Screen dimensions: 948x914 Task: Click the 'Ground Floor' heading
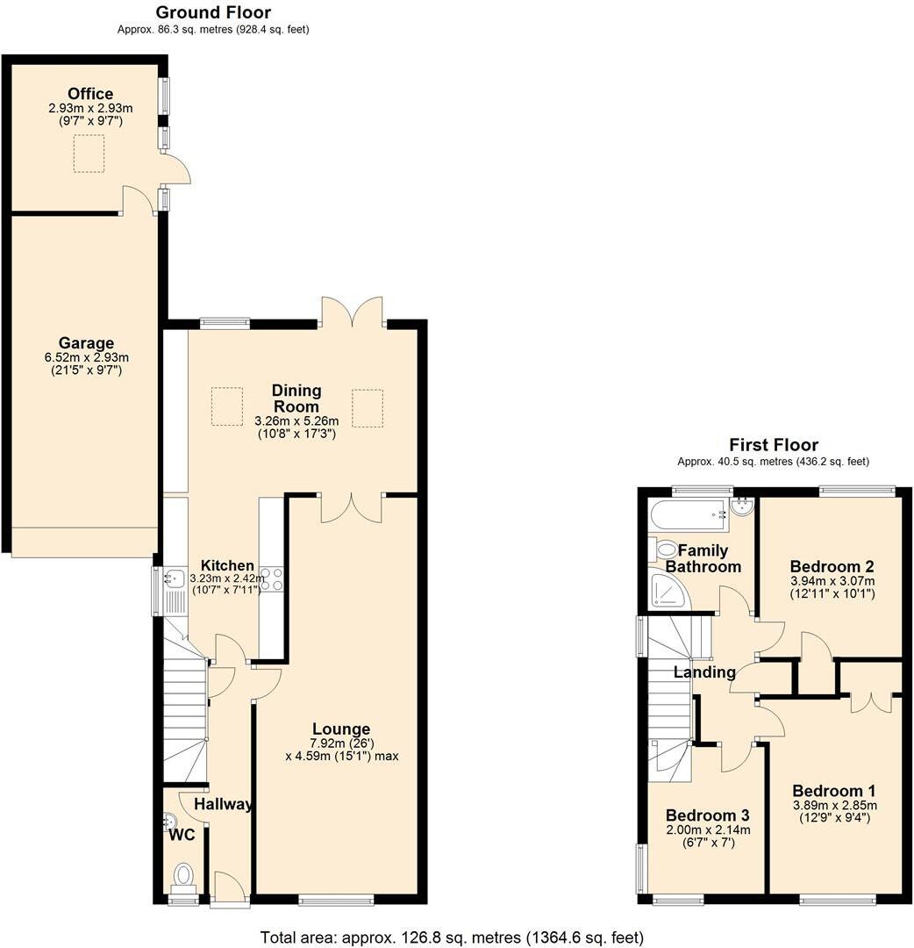[213, 12]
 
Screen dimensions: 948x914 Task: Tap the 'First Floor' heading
[773, 445]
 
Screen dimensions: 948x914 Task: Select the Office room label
[91, 94]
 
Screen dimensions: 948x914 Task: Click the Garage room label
[86, 343]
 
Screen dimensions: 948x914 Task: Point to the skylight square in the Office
[89, 152]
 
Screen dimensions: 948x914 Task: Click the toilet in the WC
[183, 875]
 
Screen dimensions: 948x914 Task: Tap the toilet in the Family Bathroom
[664, 549]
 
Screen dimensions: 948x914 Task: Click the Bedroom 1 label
[833, 790]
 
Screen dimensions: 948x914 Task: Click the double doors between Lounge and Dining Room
[352, 507]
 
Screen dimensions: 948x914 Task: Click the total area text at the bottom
[453, 937]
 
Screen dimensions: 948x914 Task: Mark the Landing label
[704, 672]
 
